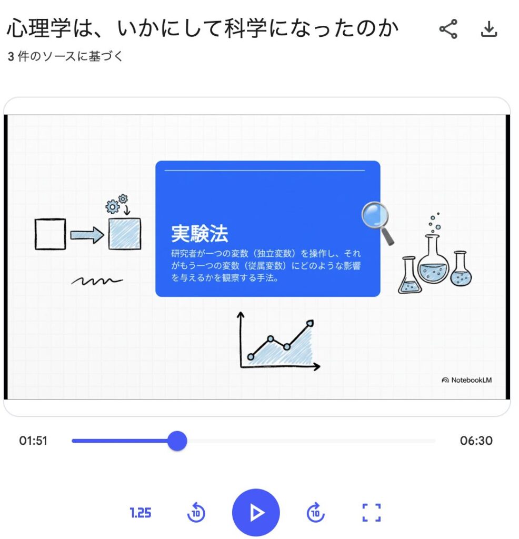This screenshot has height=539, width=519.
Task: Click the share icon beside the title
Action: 448,29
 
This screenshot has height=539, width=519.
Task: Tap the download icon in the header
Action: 489,29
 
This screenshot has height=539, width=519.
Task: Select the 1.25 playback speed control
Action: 140,513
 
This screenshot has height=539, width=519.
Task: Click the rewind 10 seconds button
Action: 196,513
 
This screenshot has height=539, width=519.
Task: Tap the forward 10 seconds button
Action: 315,513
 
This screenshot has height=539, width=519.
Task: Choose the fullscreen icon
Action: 372,513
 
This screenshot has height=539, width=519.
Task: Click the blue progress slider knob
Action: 177,441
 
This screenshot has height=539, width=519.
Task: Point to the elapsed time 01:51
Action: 33,441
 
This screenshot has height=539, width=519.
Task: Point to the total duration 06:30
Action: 476,441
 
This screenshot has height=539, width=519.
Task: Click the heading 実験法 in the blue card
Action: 199,234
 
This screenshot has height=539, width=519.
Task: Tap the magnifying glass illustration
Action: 377,223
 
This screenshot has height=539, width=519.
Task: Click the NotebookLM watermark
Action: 466,380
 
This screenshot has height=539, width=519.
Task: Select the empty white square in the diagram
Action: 50,234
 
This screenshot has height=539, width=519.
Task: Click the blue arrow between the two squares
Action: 87,235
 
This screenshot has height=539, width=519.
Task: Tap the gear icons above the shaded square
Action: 116,204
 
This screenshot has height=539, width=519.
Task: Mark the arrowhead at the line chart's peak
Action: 310,323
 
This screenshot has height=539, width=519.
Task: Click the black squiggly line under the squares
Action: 97,281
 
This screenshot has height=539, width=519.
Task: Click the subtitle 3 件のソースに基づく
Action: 65,56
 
